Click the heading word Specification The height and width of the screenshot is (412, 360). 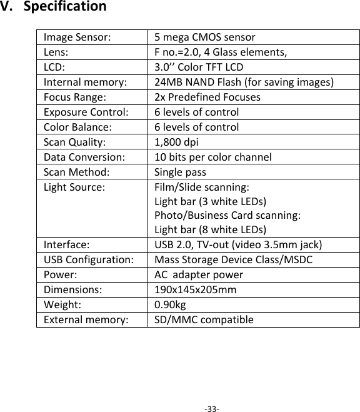(x=69, y=8)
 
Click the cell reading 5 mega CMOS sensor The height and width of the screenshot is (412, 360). (x=204, y=37)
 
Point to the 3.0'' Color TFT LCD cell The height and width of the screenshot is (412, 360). (x=199, y=67)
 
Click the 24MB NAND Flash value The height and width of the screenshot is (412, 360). (x=244, y=82)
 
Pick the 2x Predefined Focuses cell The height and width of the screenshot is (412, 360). (x=207, y=97)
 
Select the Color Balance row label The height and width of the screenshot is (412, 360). (x=78, y=127)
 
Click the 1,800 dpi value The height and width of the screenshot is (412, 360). (x=177, y=142)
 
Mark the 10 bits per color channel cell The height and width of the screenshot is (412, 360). (x=213, y=157)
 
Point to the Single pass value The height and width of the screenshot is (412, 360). (x=180, y=172)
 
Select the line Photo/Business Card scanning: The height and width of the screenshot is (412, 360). (x=228, y=216)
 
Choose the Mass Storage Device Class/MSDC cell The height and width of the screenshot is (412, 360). (x=234, y=260)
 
